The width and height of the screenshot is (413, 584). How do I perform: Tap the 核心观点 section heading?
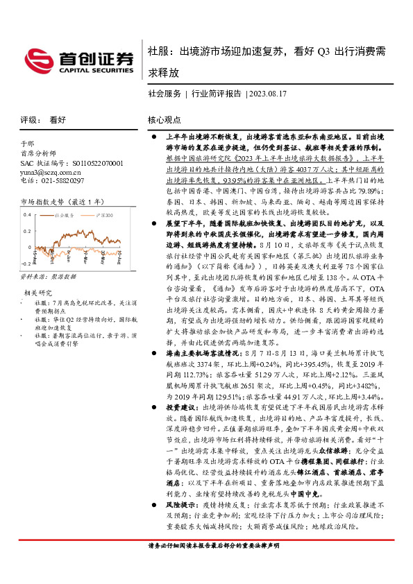pyautogui.click(x=164, y=119)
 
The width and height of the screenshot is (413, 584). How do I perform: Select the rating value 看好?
pyautogui.click(x=58, y=119)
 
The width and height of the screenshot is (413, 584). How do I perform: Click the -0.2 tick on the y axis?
pyautogui.click(x=24, y=264)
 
